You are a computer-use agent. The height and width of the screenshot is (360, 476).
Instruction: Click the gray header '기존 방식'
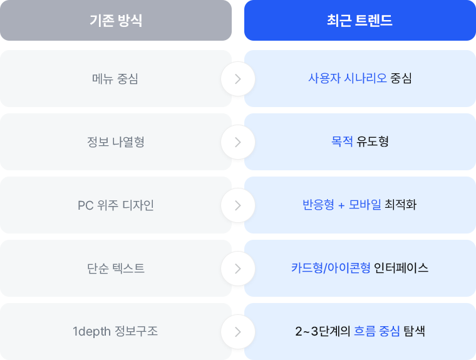click(116, 20)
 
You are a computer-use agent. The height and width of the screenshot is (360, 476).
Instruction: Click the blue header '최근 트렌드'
click(360, 20)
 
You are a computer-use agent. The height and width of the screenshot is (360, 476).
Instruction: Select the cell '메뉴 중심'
click(116, 79)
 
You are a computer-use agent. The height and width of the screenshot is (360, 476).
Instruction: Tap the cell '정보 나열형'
click(116, 141)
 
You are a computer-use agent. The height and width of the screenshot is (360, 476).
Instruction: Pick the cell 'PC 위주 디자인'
click(116, 205)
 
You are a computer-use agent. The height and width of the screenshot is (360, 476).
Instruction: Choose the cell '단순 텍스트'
click(116, 269)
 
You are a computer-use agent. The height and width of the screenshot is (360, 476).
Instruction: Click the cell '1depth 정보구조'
click(116, 331)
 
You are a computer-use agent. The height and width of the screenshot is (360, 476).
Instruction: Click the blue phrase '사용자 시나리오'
click(348, 78)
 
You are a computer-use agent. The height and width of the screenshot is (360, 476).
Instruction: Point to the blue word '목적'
click(342, 141)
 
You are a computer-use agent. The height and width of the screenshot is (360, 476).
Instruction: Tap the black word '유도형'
click(373, 141)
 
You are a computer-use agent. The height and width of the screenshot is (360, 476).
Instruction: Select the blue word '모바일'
click(365, 205)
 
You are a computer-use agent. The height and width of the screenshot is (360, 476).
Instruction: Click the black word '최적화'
click(401, 205)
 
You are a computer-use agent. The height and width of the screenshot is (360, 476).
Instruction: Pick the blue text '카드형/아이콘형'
click(331, 268)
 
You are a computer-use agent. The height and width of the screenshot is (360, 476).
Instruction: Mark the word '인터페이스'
click(401, 268)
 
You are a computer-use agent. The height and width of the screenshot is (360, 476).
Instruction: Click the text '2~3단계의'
click(323, 331)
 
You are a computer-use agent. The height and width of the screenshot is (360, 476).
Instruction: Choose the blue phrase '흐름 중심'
click(377, 331)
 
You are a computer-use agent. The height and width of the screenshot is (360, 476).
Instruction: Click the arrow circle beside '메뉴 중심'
click(238, 79)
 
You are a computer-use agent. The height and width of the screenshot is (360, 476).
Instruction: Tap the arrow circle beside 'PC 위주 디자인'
click(238, 205)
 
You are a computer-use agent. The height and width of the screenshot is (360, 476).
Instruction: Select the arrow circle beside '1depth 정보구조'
click(238, 332)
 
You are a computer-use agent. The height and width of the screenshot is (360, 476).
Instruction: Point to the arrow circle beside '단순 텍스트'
click(238, 269)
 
